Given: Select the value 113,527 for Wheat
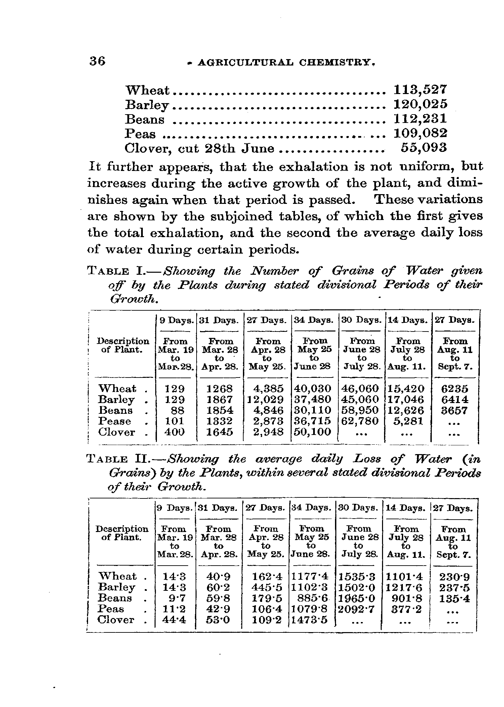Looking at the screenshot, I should click(420, 90).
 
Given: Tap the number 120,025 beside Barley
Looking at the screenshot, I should click(420, 104).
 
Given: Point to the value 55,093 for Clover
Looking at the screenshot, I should click(424, 147).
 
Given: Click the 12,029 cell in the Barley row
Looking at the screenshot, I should click(265, 399).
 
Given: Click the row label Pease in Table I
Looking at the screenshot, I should click(115, 421).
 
